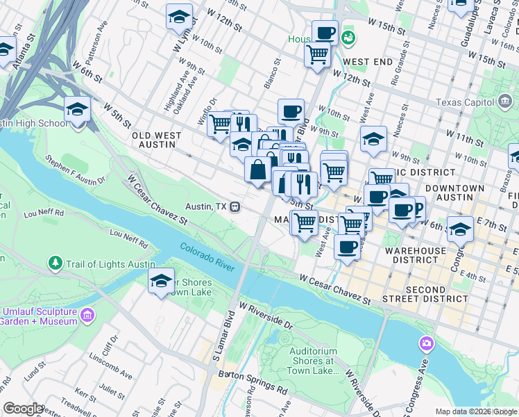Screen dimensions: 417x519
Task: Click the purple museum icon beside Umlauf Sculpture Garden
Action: point(87,316)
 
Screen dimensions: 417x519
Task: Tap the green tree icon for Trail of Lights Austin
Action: point(55,263)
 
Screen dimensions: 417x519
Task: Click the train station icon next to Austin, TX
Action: point(236,207)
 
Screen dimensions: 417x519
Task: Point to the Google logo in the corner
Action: point(23,409)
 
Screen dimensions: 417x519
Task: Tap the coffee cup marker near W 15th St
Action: point(324,33)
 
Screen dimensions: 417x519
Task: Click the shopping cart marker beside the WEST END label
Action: point(317,54)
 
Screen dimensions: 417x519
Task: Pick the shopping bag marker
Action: point(257,170)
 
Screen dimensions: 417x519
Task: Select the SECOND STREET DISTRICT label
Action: point(435,294)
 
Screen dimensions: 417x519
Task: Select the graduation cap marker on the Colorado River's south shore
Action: point(161,281)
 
